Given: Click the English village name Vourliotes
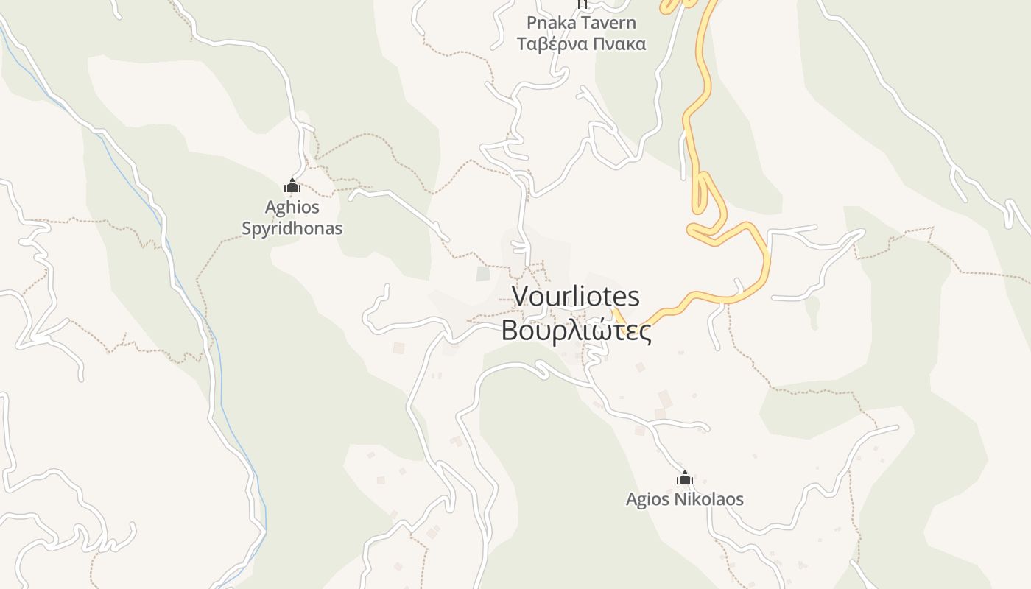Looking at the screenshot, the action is [x=576, y=297].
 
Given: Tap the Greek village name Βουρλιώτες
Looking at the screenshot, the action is [x=576, y=331].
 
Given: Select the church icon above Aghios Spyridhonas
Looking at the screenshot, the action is [x=292, y=186].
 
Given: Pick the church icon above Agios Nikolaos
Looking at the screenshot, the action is [x=685, y=479].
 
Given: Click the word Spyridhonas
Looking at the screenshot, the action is [x=292, y=228].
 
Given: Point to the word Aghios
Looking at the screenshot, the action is [x=292, y=207].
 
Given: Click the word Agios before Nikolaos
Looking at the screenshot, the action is [x=648, y=499].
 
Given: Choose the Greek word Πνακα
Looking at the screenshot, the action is [x=619, y=44].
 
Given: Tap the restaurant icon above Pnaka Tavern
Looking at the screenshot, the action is [x=582, y=4].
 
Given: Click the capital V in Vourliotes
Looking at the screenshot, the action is [x=521, y=297].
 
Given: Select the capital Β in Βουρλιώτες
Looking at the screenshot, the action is [x=509, y=331].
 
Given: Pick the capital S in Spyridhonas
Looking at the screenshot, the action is [x=247, y=228].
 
